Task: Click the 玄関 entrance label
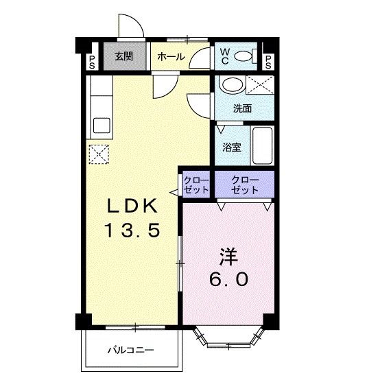pos(124,57)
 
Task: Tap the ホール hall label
pos(171,57)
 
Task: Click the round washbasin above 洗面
pos(232,86)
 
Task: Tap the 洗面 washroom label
pos(241,108)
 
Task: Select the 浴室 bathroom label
pos(231,147)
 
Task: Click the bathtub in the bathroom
pos(261,145)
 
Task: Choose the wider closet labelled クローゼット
pos(245,185)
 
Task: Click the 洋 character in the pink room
pos(228,256)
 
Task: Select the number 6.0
pos(228,279)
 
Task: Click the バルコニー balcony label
pos(130,350)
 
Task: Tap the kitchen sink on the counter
pos(102,127)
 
